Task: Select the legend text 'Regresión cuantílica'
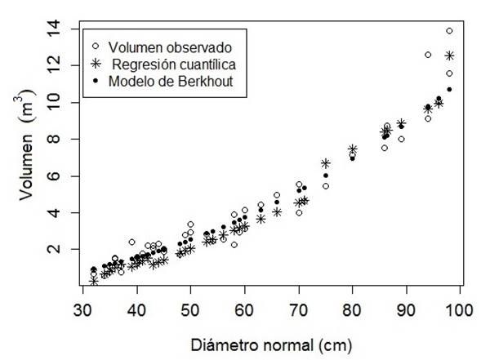click(x=171, y=63)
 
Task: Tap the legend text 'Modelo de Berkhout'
click(x=167, y=80)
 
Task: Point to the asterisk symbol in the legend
click(x=96, y=63)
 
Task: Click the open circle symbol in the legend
click(x=96, y=46)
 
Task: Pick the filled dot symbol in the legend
click(x=96, y=80)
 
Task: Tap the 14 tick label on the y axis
click(x=53, y=29)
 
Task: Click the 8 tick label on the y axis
click(x=53, y=139)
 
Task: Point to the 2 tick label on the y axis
click(x=53, y=249)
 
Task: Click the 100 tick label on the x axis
click(x=460, y=310)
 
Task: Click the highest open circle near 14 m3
click(x=449, y=31)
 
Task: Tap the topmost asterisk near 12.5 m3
click(x=449, y=56)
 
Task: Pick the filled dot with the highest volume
click(x=449, y=90)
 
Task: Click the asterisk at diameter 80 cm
click(x=353, y=149)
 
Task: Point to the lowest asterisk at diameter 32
click(x=93, y=281)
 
